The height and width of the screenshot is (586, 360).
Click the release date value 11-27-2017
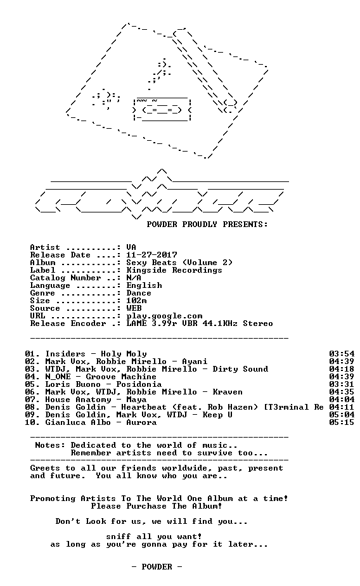pyautogui.click(x=151, y=255)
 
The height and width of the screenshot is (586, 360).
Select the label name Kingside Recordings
pyautogui.click(x=174, y=270)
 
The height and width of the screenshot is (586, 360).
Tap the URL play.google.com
pyautogui.click(x=164, y=316)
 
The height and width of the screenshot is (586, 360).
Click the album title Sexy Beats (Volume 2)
pyautogui.click(x=179, y=263)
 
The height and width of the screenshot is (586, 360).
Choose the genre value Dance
pyautogui.click(x=139, y=293)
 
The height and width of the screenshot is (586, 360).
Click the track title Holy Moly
pyautogui.click(x=124, y=354)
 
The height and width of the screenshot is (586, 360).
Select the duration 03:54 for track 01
pyautogui.click(x=342, y=354)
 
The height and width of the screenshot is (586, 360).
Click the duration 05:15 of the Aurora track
pyautogui.click(x=342, y=422)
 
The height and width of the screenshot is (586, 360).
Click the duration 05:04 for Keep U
pyautogui.click(x=342, y=415)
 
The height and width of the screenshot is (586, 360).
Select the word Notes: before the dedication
pyautogui.click(x=50, y=445)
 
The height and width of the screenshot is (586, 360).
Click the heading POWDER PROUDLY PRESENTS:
pyautogui.click(x=207, y=225)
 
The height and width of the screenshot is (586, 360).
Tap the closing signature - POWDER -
pyautogui.click(x=157, y=567)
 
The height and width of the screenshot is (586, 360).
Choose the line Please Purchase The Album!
pyautogui.click(x=157, y=506)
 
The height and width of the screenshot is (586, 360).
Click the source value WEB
pyautogui.click(x=134, y=308)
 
